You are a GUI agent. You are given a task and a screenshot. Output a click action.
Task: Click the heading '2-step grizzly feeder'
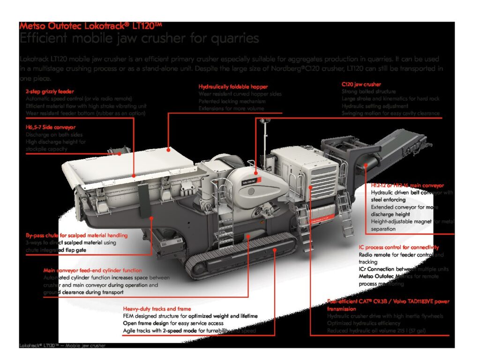50,91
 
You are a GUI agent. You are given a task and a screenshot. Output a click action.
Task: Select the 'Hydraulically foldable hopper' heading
233,87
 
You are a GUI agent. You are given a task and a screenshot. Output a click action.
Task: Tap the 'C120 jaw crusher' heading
361,84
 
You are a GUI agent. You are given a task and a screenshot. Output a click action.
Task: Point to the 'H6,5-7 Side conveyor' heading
51,127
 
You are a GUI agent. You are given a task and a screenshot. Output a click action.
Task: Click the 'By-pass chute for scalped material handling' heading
76,235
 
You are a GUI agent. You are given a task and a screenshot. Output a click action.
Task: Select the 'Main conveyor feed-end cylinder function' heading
92,270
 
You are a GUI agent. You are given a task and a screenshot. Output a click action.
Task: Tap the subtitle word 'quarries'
232,38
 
